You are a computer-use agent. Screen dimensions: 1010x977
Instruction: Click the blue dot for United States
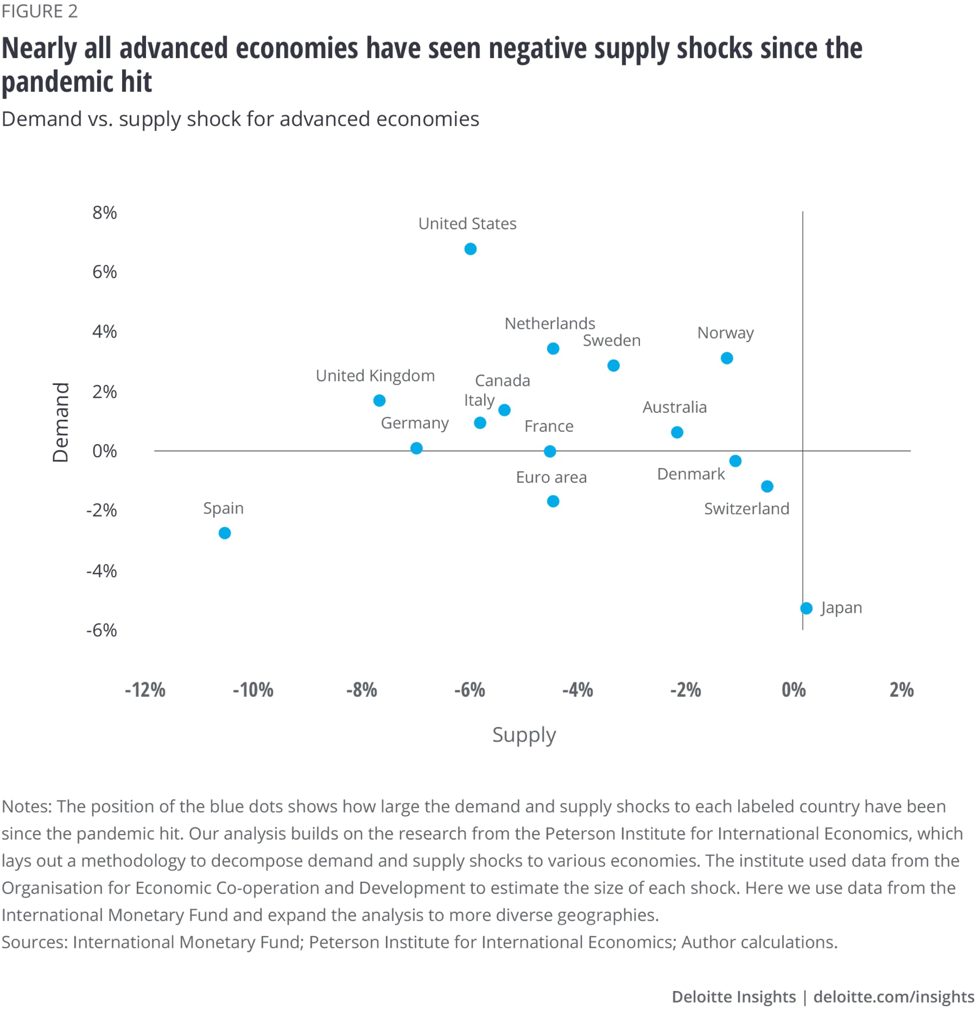coord(470,249)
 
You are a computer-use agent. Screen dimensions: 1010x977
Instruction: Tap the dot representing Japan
coord(807,608)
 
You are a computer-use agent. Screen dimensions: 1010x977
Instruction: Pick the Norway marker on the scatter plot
coord(726,358)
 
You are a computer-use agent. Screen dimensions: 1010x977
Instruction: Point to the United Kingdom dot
coord(379,400)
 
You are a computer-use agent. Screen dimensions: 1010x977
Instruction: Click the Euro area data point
coord(553,501)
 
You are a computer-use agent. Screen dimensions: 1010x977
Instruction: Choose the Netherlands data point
coord(553,349)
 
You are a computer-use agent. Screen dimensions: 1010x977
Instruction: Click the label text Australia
coord(675,408)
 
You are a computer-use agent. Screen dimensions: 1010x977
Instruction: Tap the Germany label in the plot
coord(415,423)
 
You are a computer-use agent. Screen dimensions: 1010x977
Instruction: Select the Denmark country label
coord(691,474)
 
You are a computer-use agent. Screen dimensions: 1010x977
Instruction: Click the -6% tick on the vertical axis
coord(102,630)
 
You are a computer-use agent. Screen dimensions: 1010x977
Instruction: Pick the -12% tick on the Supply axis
coord(145,689)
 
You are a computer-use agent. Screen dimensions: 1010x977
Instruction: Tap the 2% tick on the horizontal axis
coord(901,689)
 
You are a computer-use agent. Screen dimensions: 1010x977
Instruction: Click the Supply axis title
coord(524,734)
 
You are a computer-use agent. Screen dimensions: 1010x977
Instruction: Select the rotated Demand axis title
coord(61,423)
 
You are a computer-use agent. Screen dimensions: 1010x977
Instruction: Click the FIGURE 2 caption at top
coord(40,11)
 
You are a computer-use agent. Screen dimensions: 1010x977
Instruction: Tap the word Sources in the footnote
coord(34,942)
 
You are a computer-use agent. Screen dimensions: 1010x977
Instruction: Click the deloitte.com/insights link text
coord(893,997)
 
